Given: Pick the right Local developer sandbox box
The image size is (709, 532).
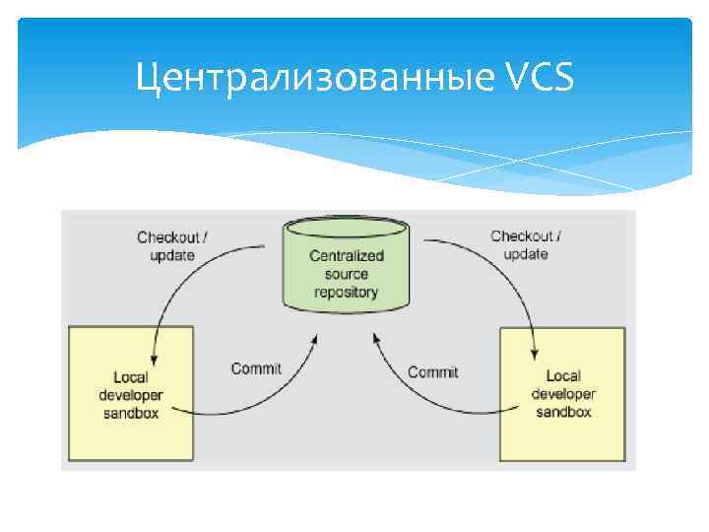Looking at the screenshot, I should (x=562, y=393).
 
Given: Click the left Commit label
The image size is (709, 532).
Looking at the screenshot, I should (x=256, y=368).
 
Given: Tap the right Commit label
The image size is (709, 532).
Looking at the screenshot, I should (x=433, y=371).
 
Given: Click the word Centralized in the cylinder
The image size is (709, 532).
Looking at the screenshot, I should (x=347, y=255).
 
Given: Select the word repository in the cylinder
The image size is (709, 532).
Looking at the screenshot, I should (x=347, y=292).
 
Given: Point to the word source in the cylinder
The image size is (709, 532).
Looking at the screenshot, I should (x=347, y=274).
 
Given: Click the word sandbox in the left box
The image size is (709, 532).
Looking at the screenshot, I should (x=131, y=413).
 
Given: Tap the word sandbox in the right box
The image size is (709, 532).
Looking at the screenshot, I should (x=563, y=412).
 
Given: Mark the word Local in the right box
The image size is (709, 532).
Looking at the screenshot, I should (x=563, y=375).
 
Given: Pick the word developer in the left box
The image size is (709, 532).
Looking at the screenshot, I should (x=131, y=395).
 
